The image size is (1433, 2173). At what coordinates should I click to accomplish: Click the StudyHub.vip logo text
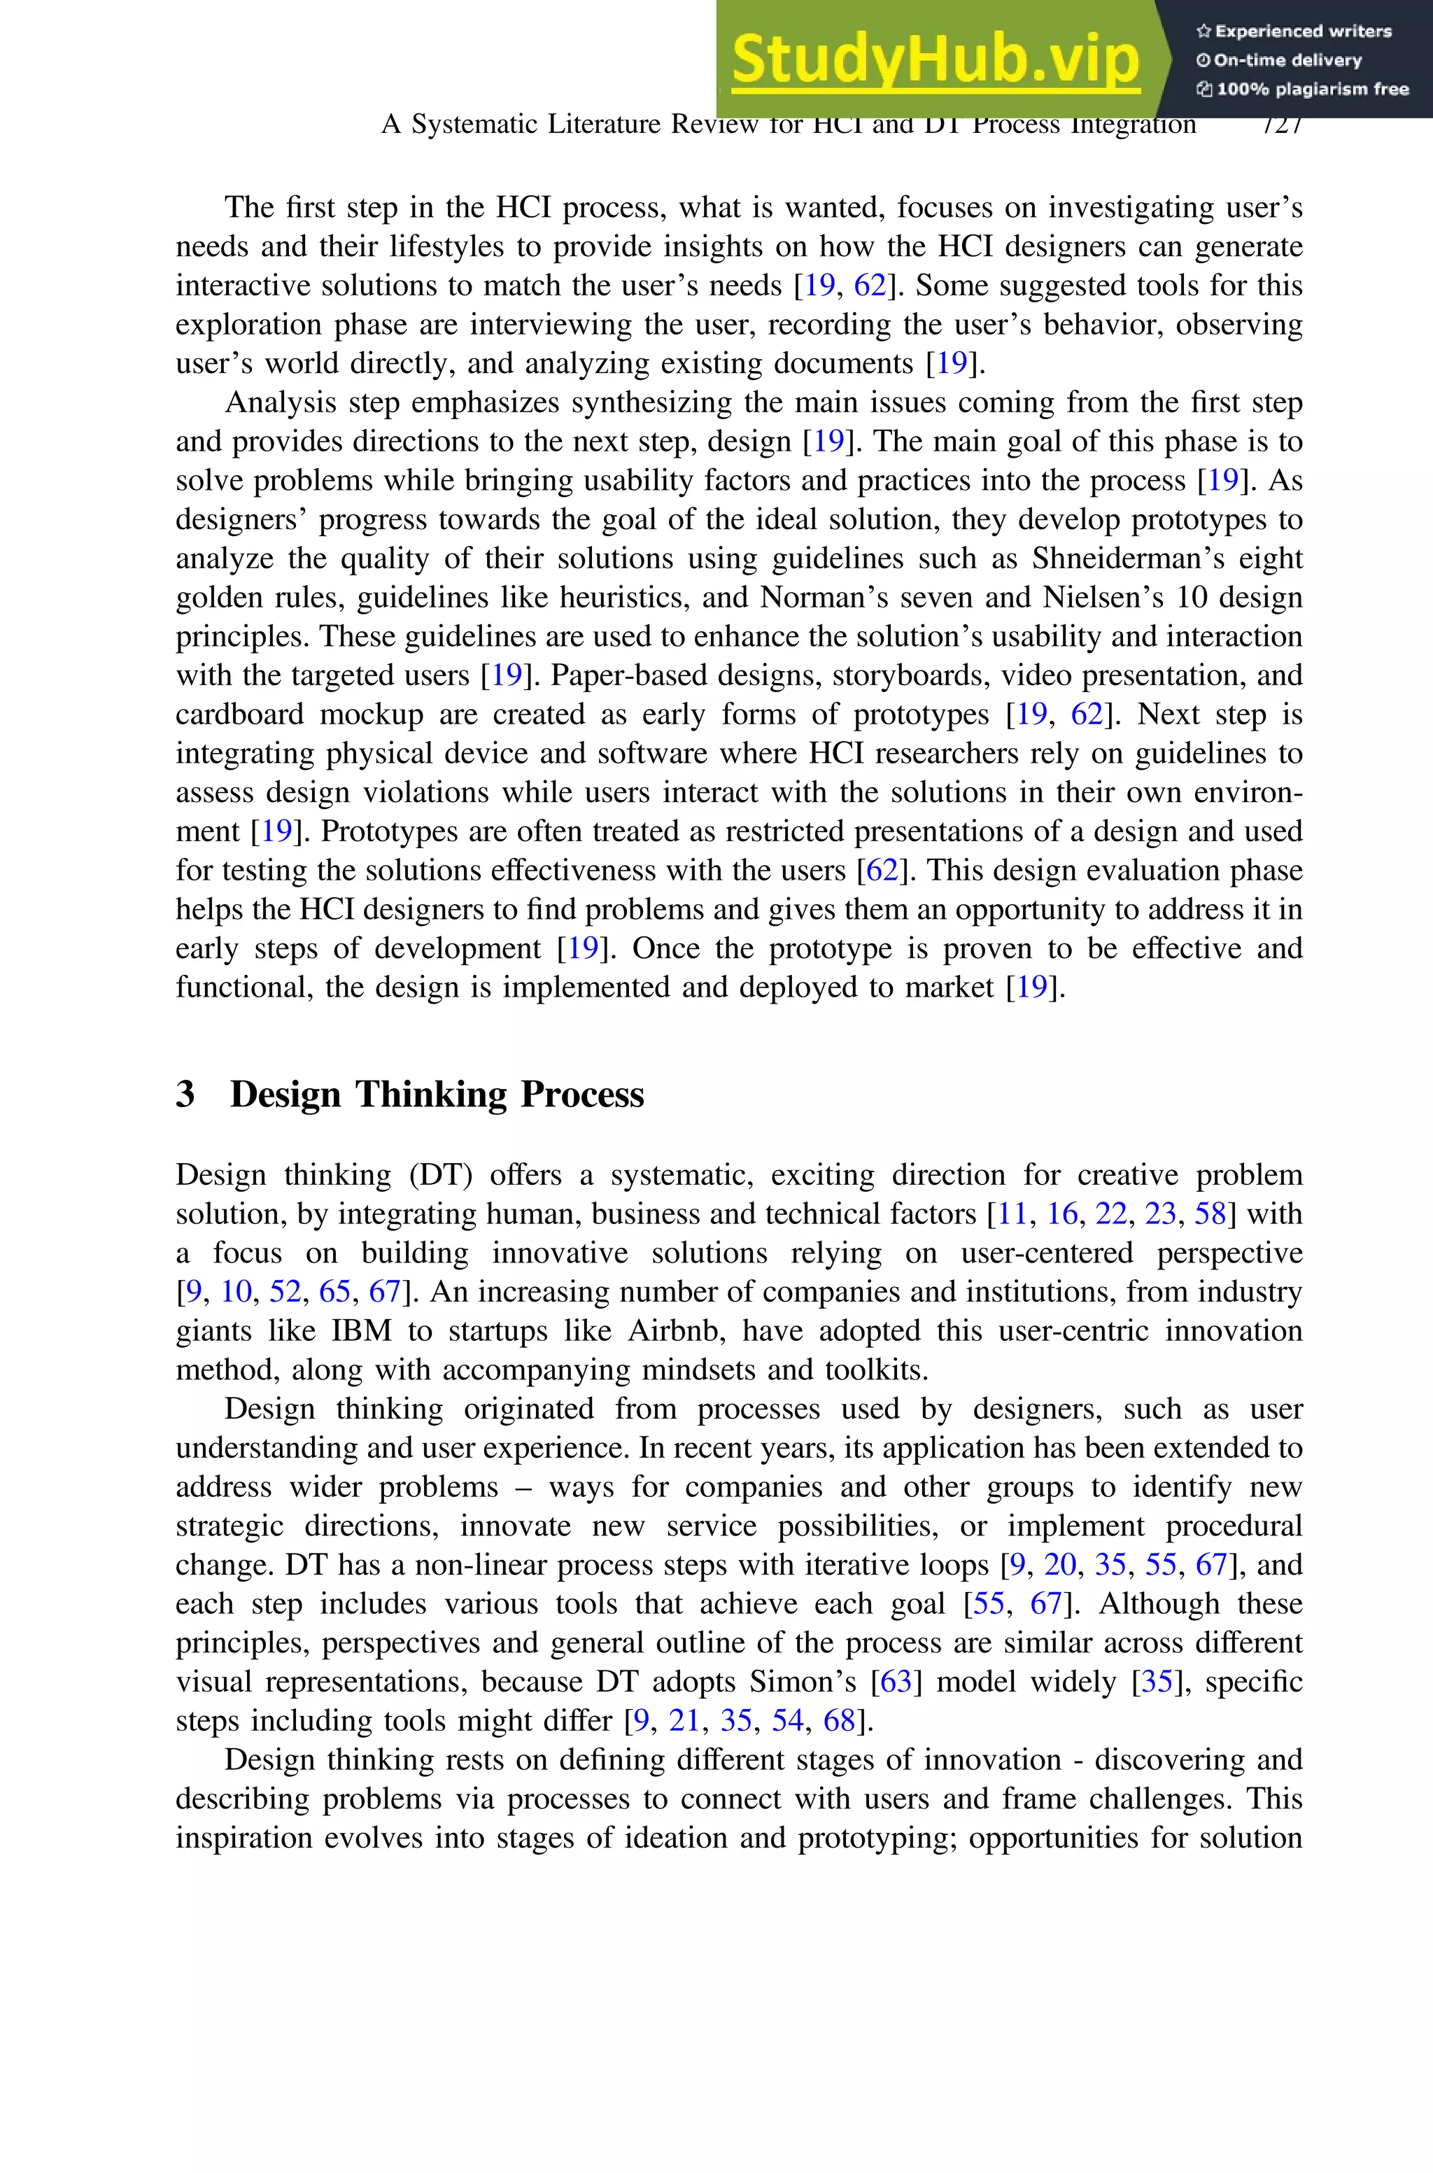click(x=935, y=59)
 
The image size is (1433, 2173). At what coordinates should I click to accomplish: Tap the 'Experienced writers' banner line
click(x=1293, y=31)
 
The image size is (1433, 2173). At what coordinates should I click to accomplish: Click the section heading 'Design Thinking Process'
click(x=437, y=1094)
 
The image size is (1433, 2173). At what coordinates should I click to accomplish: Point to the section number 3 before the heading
click(x=185, y=1094)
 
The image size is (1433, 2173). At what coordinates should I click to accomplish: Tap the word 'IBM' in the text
click(x=361, y=1330)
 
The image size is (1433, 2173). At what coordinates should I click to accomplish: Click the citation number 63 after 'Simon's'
click(x=896, y=1682)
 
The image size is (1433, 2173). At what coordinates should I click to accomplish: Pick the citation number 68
click(x=838, y=1721)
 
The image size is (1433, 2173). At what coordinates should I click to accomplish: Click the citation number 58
click(x=1209, y=1214)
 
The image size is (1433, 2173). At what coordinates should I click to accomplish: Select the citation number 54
click(x=787, y=1721)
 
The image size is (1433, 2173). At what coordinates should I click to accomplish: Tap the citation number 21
click(x=684, y=1721)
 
